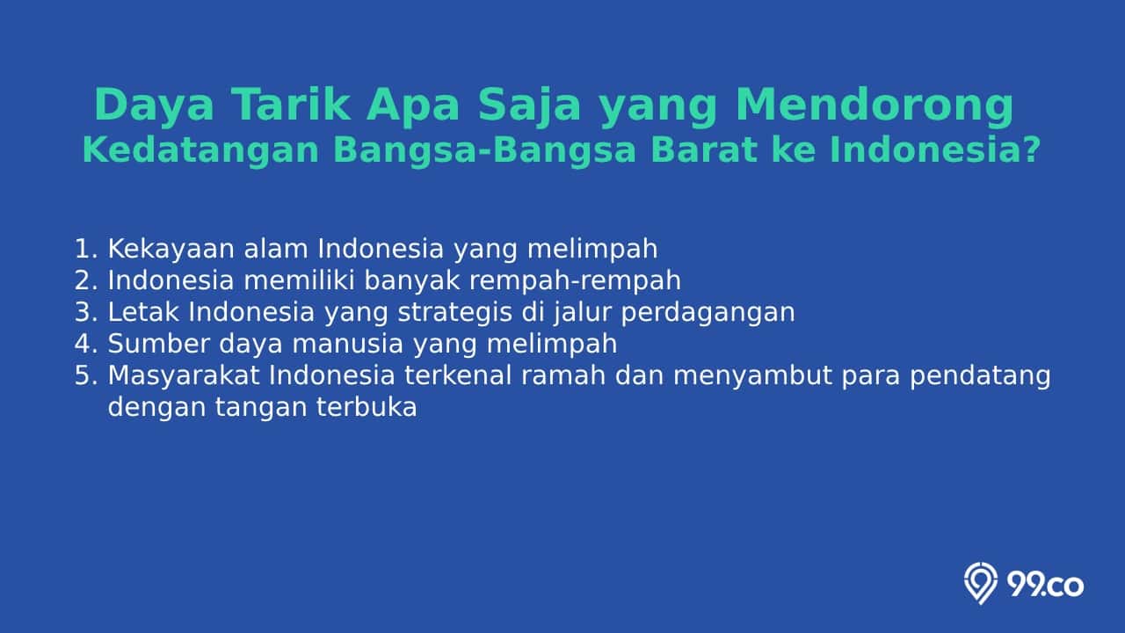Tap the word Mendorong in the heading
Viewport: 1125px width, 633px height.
point(875,105)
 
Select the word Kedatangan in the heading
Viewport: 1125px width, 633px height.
point(201,150)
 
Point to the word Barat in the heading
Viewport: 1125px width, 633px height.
point(704,149)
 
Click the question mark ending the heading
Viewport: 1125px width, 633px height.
point(1032,149)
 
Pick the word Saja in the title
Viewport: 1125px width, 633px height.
point(530,106)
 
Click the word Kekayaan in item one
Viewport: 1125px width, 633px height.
point(171,250)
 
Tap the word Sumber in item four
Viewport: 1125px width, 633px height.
point(159,344)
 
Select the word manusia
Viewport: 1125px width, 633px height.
point(347,344)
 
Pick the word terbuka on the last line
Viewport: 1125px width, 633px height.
point(367,407)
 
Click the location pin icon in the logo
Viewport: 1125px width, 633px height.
point(980,583)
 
